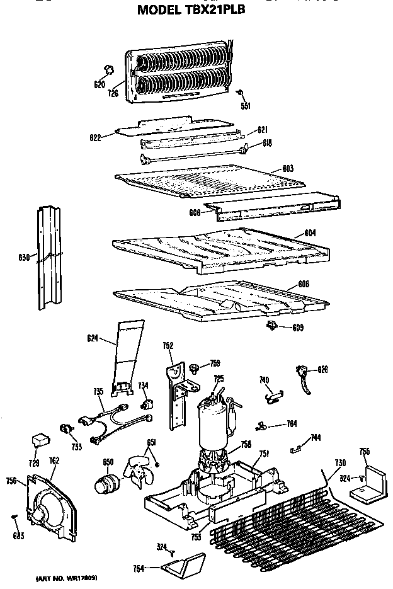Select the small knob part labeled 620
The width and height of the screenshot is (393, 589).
(108, 69)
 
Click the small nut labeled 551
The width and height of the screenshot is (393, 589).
(241, 93)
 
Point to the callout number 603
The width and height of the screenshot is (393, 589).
(288, 168)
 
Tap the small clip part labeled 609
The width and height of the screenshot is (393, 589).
(272, 324)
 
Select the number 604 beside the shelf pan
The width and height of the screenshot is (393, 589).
(310, 233)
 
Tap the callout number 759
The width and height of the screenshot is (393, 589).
(215, 363)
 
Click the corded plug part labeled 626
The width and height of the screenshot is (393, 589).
(304, 376)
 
